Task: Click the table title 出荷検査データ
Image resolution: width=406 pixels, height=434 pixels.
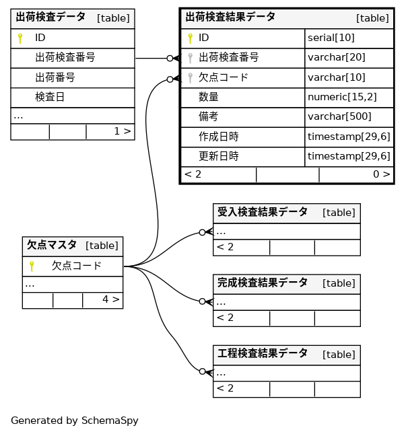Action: click(50, 17)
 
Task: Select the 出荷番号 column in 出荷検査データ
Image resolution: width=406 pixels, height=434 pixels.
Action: click(55, 77)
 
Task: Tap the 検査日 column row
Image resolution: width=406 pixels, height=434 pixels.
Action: click(50, 97)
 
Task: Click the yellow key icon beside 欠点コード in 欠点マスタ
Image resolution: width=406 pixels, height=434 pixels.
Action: click(32, 266)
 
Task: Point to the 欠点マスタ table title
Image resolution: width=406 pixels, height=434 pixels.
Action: click(51, 246)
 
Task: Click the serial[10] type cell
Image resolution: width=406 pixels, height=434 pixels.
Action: click(331, 38)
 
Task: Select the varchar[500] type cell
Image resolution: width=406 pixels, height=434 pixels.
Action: click(339, 116)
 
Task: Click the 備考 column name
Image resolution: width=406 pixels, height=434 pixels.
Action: click(209, 116)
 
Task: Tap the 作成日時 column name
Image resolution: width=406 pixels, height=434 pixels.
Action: click(218, 137)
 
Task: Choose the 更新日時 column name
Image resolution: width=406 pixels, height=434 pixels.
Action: click(218, 156)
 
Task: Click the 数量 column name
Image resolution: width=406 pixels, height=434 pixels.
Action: click(209, 97)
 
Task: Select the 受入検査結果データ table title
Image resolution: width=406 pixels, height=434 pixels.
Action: click(263, 213)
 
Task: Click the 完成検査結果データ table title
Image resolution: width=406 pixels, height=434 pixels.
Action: click(263, 283)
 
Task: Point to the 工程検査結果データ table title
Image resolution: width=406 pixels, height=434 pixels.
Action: click(263, 354)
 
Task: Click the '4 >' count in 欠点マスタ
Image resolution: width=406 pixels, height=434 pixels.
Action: click(110, 299)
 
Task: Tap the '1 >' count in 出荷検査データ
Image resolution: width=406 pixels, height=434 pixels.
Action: click(122, 131)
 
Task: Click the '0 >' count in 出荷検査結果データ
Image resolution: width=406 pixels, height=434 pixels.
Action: click(381, 174)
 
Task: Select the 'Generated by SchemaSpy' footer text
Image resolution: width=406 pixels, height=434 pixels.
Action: click(74, 421)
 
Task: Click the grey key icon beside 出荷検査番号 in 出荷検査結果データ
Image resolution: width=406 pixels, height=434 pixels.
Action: click(191, 58)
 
